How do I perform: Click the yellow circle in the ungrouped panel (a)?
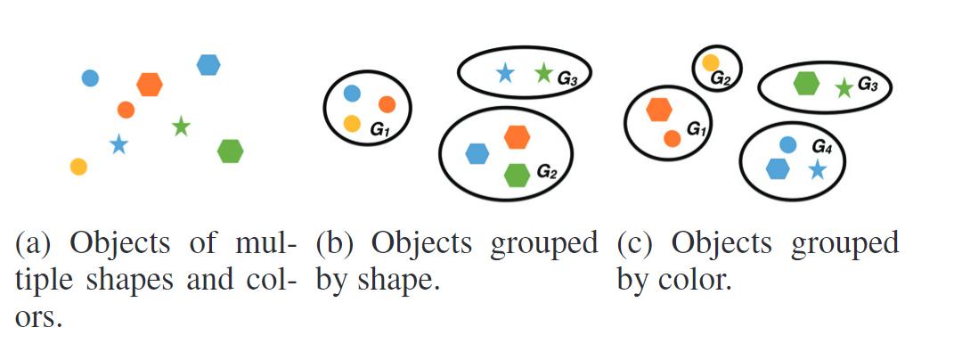[78, 166]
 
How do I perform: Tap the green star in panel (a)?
[182, 127]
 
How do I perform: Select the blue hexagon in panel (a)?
[208, 65]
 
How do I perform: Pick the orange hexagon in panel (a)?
[150, 85]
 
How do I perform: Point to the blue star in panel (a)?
[118, 143]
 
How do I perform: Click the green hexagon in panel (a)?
[231, 151]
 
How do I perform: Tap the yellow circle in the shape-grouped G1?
[352, 124]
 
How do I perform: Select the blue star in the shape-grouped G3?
[505, 73]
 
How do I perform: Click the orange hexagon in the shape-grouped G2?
[517, 137]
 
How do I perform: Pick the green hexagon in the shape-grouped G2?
[517, 176]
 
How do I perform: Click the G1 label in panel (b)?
[380, 130]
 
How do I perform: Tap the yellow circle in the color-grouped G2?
[711, 62]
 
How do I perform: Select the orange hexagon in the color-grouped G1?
[658, 109]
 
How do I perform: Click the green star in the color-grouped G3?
[844, 87]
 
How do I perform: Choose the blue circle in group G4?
[787, 143]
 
